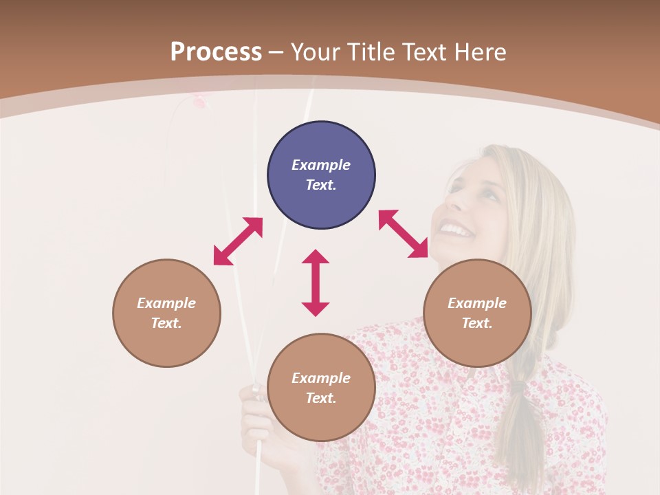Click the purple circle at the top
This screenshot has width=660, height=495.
pyautogui.click(x=321, y=175)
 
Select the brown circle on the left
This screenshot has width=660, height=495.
pyautogui.click(x=166, y=313)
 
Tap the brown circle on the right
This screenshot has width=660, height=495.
pyautogui.click(x=477, y=313)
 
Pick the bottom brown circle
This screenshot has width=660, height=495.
pyautogui.click(x=321, y=388)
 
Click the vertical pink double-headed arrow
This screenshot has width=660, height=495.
pyautogui.click(x=316, y=283)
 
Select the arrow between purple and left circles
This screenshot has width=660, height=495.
pyautogui.click(x=238, y=241)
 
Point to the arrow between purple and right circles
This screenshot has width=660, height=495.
pyautogui.click(x=404, y=234)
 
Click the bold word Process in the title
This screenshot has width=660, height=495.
pyautogui.click(x=216, y=52)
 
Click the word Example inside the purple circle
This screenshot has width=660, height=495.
pyautogui.click(x=321, y=165)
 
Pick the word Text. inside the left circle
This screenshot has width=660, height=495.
pyautogui.click(x=166, y=323)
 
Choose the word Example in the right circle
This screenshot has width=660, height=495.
pyautogui.click(x=477, y=303)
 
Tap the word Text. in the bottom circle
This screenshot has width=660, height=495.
pyautogui.click(x=321, y=398)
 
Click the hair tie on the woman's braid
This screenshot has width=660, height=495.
pyautogui.click(x=517, y=387)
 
